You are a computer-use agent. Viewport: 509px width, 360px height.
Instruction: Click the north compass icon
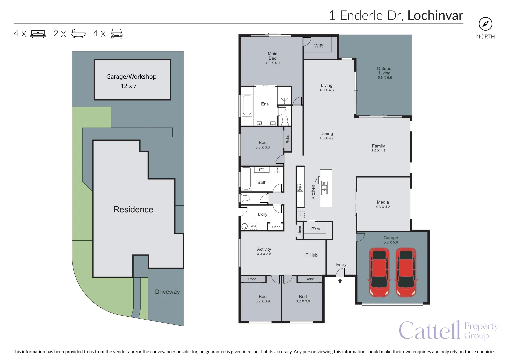485,24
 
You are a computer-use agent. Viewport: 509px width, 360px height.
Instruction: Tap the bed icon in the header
38,34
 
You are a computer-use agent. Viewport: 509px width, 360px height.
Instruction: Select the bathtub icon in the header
78,34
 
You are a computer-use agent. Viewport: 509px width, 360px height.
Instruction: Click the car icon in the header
117,34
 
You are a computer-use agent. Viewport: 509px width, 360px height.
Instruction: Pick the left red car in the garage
379,272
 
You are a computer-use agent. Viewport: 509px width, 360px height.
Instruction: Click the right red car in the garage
406,272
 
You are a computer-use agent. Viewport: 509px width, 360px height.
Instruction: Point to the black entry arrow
340,281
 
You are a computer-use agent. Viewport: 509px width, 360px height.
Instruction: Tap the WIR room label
318,46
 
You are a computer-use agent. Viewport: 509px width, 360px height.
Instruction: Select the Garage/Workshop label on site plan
131,77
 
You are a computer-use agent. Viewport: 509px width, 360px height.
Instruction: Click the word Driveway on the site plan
167,292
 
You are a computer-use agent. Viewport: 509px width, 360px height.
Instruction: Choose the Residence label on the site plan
133,210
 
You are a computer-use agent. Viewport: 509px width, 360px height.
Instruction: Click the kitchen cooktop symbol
300,188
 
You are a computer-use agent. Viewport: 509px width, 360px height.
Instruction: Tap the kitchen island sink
324,188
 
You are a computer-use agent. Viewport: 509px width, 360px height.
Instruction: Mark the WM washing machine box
253,226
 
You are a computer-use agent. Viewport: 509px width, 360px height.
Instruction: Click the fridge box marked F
301,215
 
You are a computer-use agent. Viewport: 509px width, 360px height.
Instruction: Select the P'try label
315,229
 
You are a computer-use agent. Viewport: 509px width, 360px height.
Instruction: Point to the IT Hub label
311,255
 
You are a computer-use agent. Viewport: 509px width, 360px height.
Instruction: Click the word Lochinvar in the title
435,16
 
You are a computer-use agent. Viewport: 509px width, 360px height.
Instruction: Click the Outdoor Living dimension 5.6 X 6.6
385,78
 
